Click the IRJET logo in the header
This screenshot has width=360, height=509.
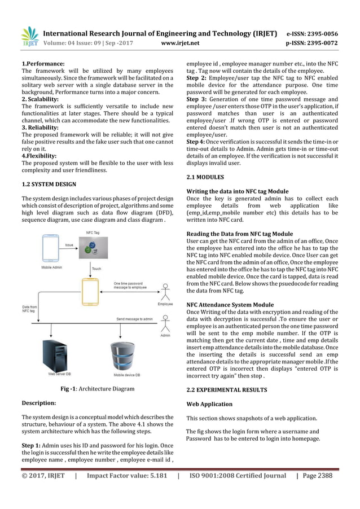(x=29, y=36)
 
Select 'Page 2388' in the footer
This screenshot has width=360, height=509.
(x=317, y=476)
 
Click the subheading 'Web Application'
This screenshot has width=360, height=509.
(x=209, y=404)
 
